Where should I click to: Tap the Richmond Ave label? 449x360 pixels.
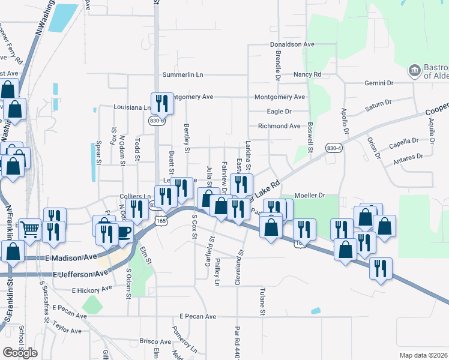pyautogui.click(x=279, y=126)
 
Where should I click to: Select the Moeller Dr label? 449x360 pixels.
pyautogui.click(x=310, y=196)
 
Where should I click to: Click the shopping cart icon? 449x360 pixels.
pyautogui.click(x=30, y=228)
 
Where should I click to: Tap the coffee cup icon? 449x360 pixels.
pyautogui.click(x=123, y=232)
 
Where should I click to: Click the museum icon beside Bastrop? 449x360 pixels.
pyautogui.click(x=414, y=71)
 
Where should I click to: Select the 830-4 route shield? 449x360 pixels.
pyautogui.click(x=334, y=148)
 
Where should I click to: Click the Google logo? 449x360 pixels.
pyautogui.click(x=20, y=353)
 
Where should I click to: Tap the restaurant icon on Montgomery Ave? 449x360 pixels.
pyautogui.click(x=161, y=103)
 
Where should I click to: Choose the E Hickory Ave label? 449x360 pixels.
pyautogui.click(x=92, y=289)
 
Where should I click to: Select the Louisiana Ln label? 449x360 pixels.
pyautogui.click(x=131, y=107)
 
